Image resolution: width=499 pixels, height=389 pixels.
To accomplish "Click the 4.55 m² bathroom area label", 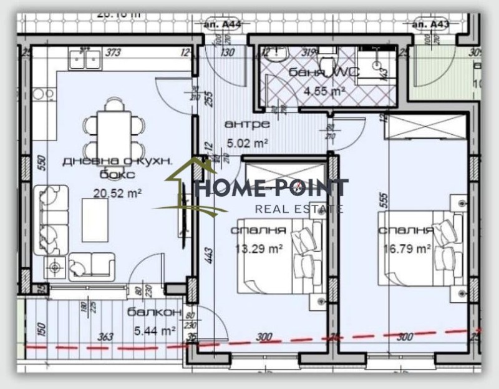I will (324, 90).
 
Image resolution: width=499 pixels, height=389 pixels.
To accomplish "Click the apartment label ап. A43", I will (431, 24).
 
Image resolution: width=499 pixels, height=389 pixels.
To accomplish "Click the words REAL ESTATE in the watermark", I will (299, 209).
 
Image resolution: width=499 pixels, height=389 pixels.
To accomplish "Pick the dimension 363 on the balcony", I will (106, 338).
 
